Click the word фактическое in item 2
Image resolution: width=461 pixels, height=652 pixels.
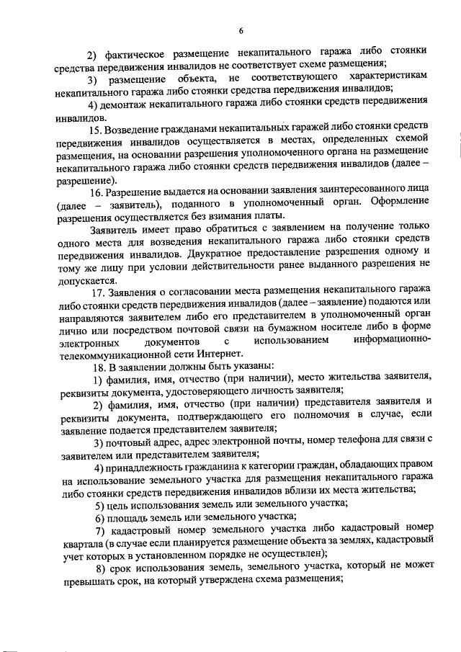[x=138, y=53]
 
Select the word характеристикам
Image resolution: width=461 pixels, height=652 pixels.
[x=388, y=77]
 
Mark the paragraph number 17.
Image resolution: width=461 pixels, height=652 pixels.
[x=97, y=292]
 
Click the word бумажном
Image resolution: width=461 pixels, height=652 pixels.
[x=319, y=329]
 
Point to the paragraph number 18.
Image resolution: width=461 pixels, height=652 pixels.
[x=97, y=366]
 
